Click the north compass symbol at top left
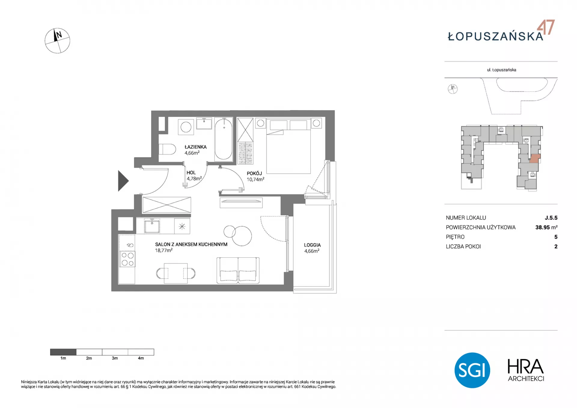coord(57,41)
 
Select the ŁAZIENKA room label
coord(195,147)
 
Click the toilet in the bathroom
coord(167,149)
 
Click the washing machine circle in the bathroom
coord(186,127)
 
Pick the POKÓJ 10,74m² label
coord(255,176)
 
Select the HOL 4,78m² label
coord(194,176)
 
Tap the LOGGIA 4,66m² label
coord(312,248)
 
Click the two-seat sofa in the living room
coord(238,270)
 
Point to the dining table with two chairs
coord(176,273)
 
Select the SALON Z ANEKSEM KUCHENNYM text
coord(191,244)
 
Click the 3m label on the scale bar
coord(115,358)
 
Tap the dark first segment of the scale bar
coord(63,352)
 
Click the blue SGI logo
coord(472,370)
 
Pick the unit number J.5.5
coord(551,218)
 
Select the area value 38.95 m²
coord(546,227)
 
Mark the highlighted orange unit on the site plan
coord(534,158)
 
